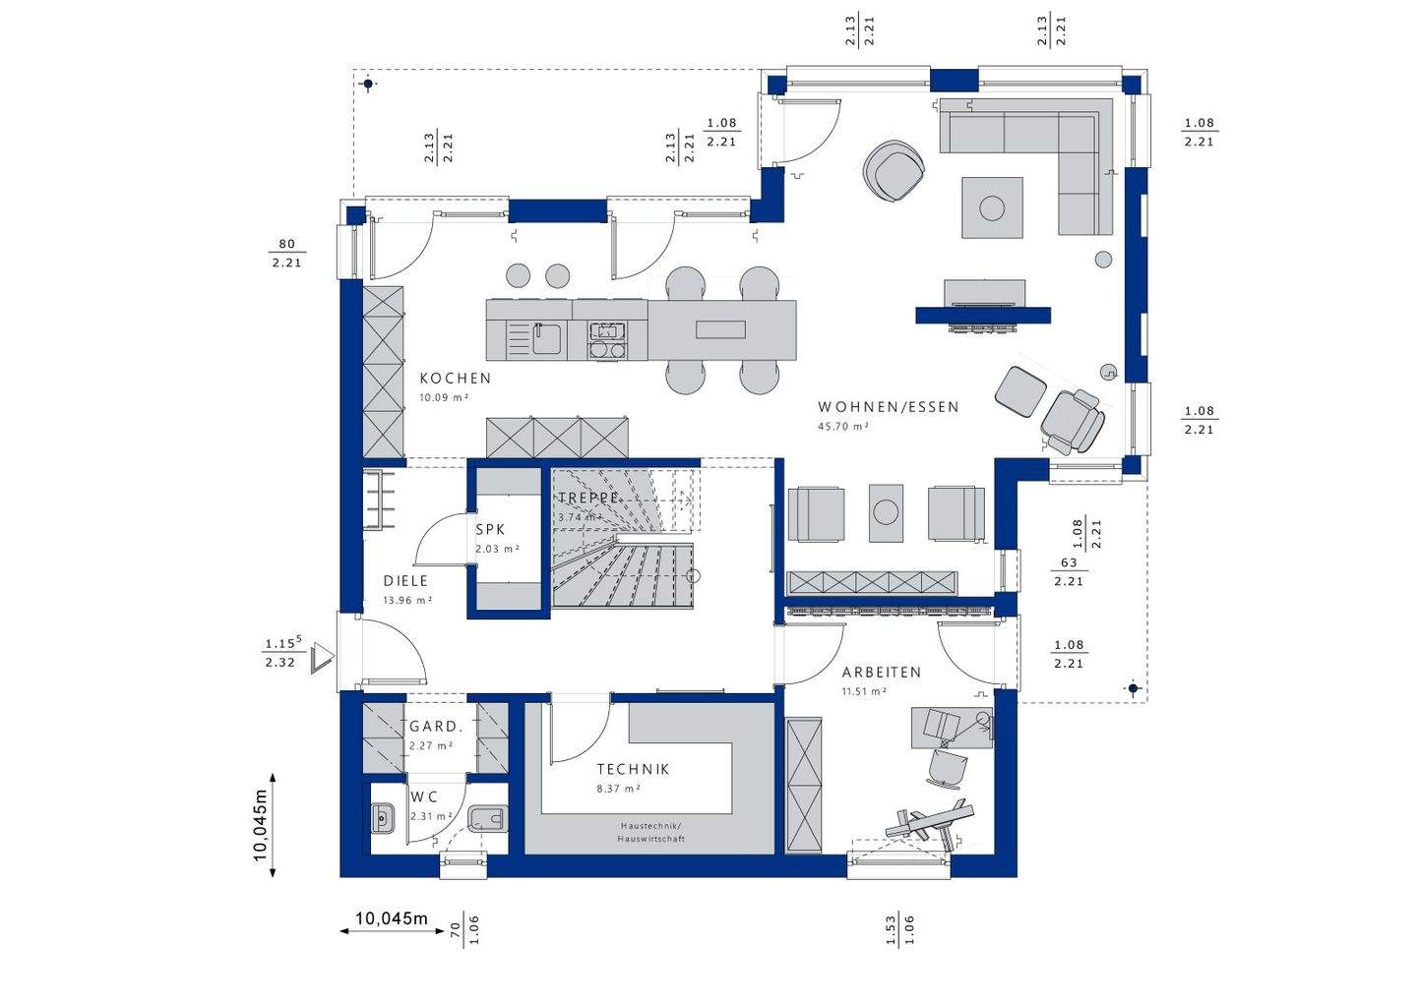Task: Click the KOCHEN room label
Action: pos(455,379)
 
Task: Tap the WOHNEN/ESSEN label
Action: pos(888,407)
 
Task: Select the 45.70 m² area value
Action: pos(843,427)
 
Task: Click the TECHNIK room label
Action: pos(633,770)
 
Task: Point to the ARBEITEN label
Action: pos(881,673)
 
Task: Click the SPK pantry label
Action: pos(490,530)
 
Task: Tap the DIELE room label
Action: pos(405,581)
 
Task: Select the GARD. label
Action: pos(435,727)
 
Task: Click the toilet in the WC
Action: pos(488,818)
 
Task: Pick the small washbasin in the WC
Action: pos(383,816)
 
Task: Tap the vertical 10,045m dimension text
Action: pos(260,825)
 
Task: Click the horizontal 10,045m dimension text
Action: pos(391,919)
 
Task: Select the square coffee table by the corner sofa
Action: pos(992,207)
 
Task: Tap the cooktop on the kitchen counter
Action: pos(606,340)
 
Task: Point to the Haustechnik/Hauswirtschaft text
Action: pos(650,832)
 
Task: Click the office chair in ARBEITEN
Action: pos(947,767)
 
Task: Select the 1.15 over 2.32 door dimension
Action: pos(280,654)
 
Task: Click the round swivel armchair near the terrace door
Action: pos(894,171)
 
